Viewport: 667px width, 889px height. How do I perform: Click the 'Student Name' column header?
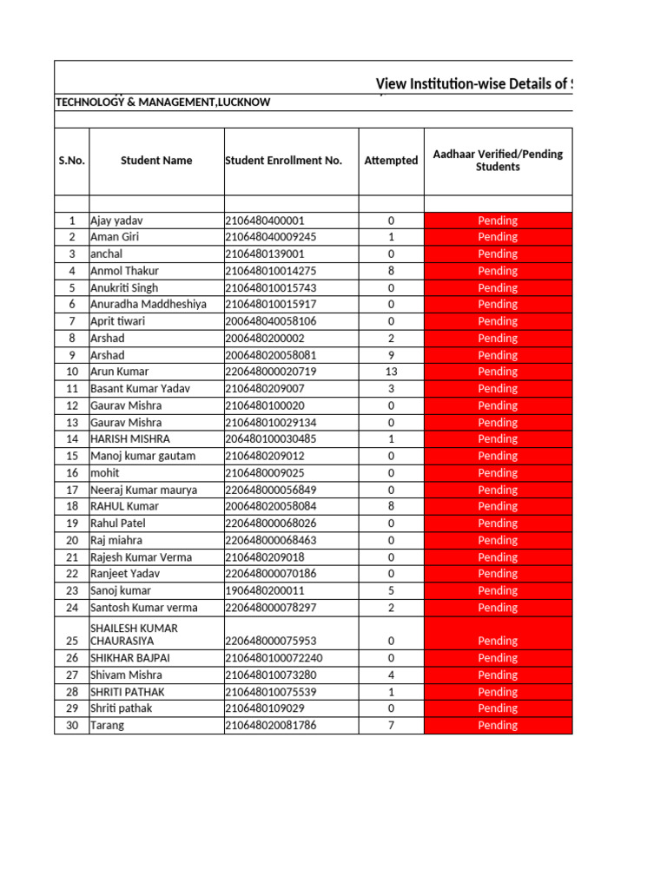click(156, 161)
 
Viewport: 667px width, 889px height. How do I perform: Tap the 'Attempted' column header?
click(391, 161)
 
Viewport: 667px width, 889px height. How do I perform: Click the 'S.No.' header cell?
click(71, 161)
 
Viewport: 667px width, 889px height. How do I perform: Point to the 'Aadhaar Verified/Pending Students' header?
click(498, 161)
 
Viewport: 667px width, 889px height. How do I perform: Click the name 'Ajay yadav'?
click(118, 221)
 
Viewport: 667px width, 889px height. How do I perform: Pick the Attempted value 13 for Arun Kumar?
click(391, 372)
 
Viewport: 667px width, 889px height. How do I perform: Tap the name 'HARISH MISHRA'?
click(130, 439)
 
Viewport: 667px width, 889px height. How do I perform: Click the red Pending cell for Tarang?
click(498, 726)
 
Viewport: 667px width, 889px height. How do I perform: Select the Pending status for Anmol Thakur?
click(498, 271)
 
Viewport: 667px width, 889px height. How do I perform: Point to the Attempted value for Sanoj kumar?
click(391, 591)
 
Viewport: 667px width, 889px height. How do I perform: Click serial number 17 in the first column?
click(72, 490)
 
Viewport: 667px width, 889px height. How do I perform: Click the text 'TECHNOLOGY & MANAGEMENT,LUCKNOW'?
click(163, 102)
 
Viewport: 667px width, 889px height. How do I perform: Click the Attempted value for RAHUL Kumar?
click(391, 506)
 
